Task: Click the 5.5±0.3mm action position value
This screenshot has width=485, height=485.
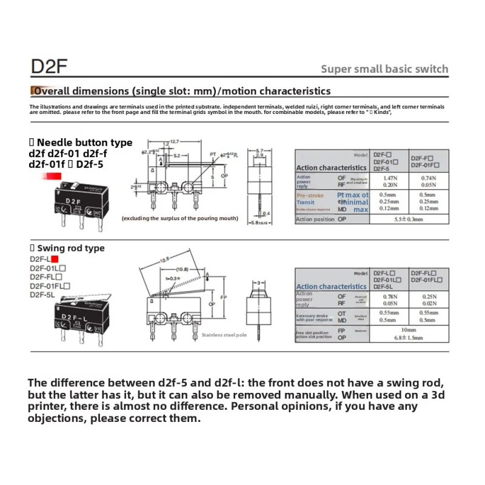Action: click(406, 219)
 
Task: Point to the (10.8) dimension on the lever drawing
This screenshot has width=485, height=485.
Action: click(182, 269)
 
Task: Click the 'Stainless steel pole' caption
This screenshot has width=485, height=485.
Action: click(225, 335)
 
